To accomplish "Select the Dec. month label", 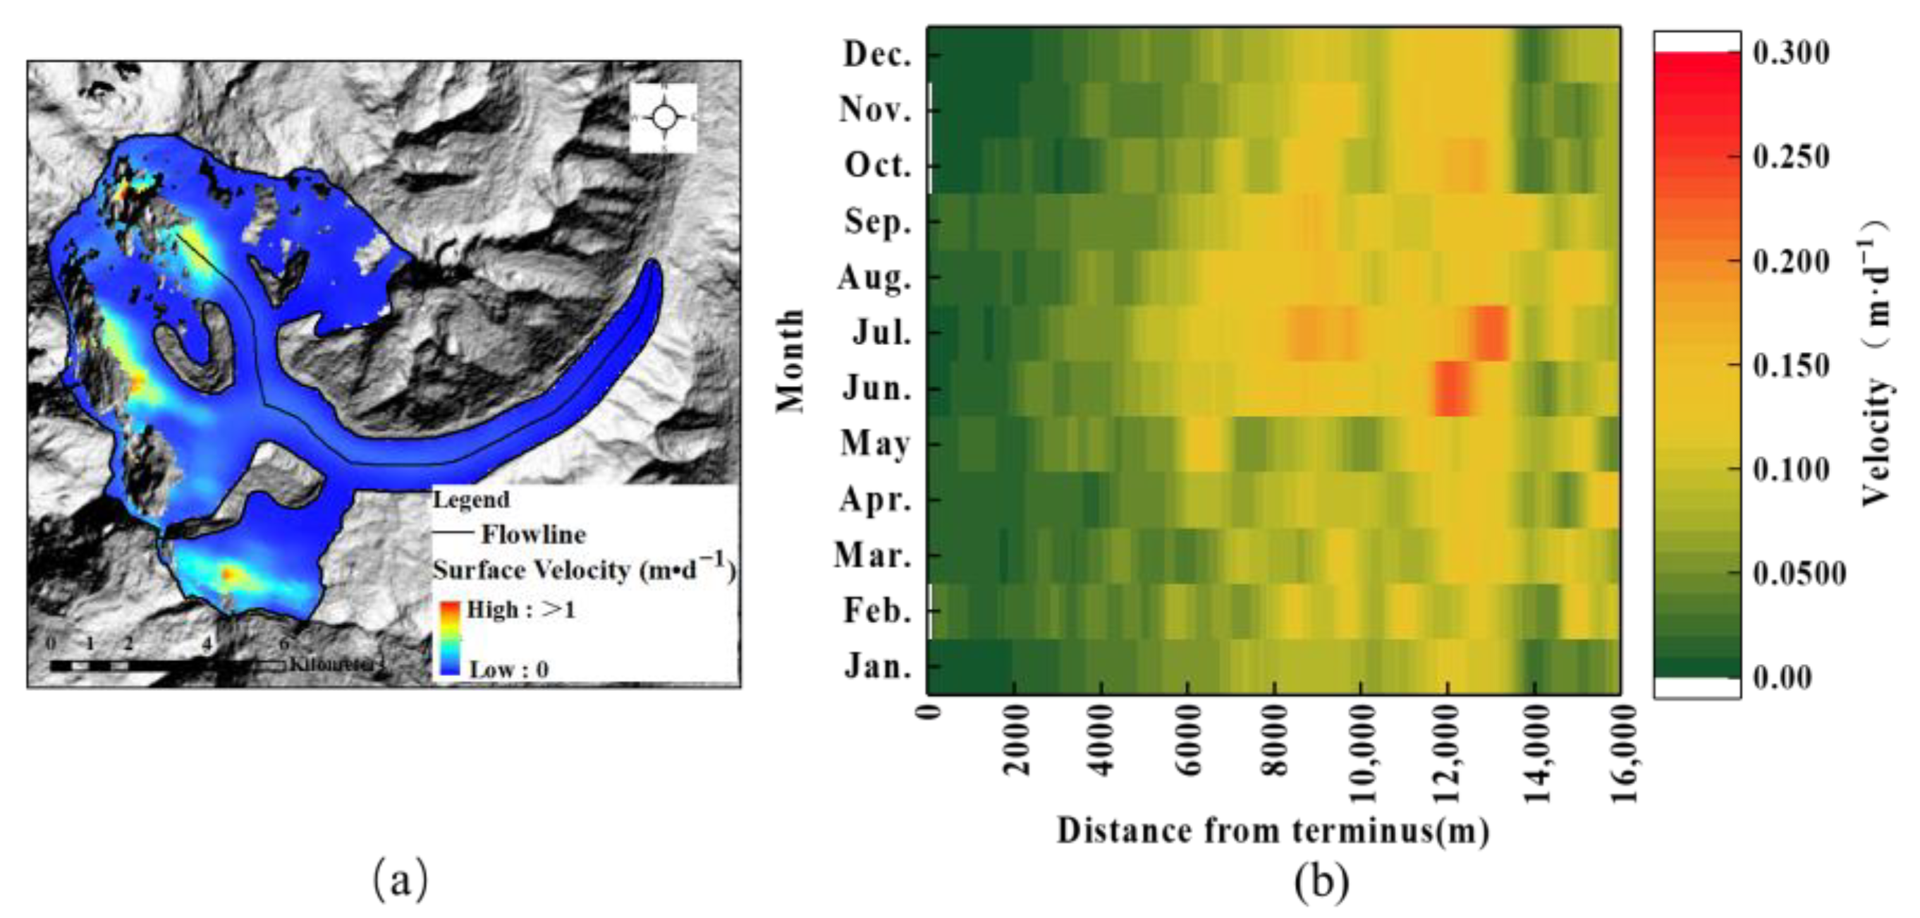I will (x=877, y=54).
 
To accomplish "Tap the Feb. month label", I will (x=877, y=611).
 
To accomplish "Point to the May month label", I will (x=876, y=445).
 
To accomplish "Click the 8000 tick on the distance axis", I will (x=1276, y=742).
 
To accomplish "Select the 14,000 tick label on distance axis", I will (x=1536, y=753).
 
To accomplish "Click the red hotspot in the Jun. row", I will (x=1452, y=389).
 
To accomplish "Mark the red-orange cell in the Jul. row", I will (x=1491, y=332).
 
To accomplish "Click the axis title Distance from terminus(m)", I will (x=1273, y=831).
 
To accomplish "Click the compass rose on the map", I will (x=664, y=117).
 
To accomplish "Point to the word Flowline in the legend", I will (x=534, y=534).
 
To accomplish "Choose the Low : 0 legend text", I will (x=508, y=669).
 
